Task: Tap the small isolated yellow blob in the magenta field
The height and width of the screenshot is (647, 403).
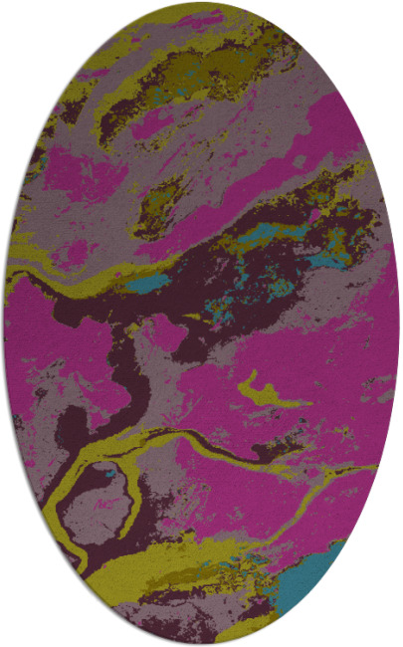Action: pos(267,389)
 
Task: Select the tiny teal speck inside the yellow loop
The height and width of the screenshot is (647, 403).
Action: pos(101,474)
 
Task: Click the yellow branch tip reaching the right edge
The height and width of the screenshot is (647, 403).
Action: pos(368,464)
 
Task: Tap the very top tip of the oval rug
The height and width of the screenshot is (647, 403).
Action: pos(201,3)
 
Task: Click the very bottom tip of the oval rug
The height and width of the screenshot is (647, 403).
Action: pos(201,643)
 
